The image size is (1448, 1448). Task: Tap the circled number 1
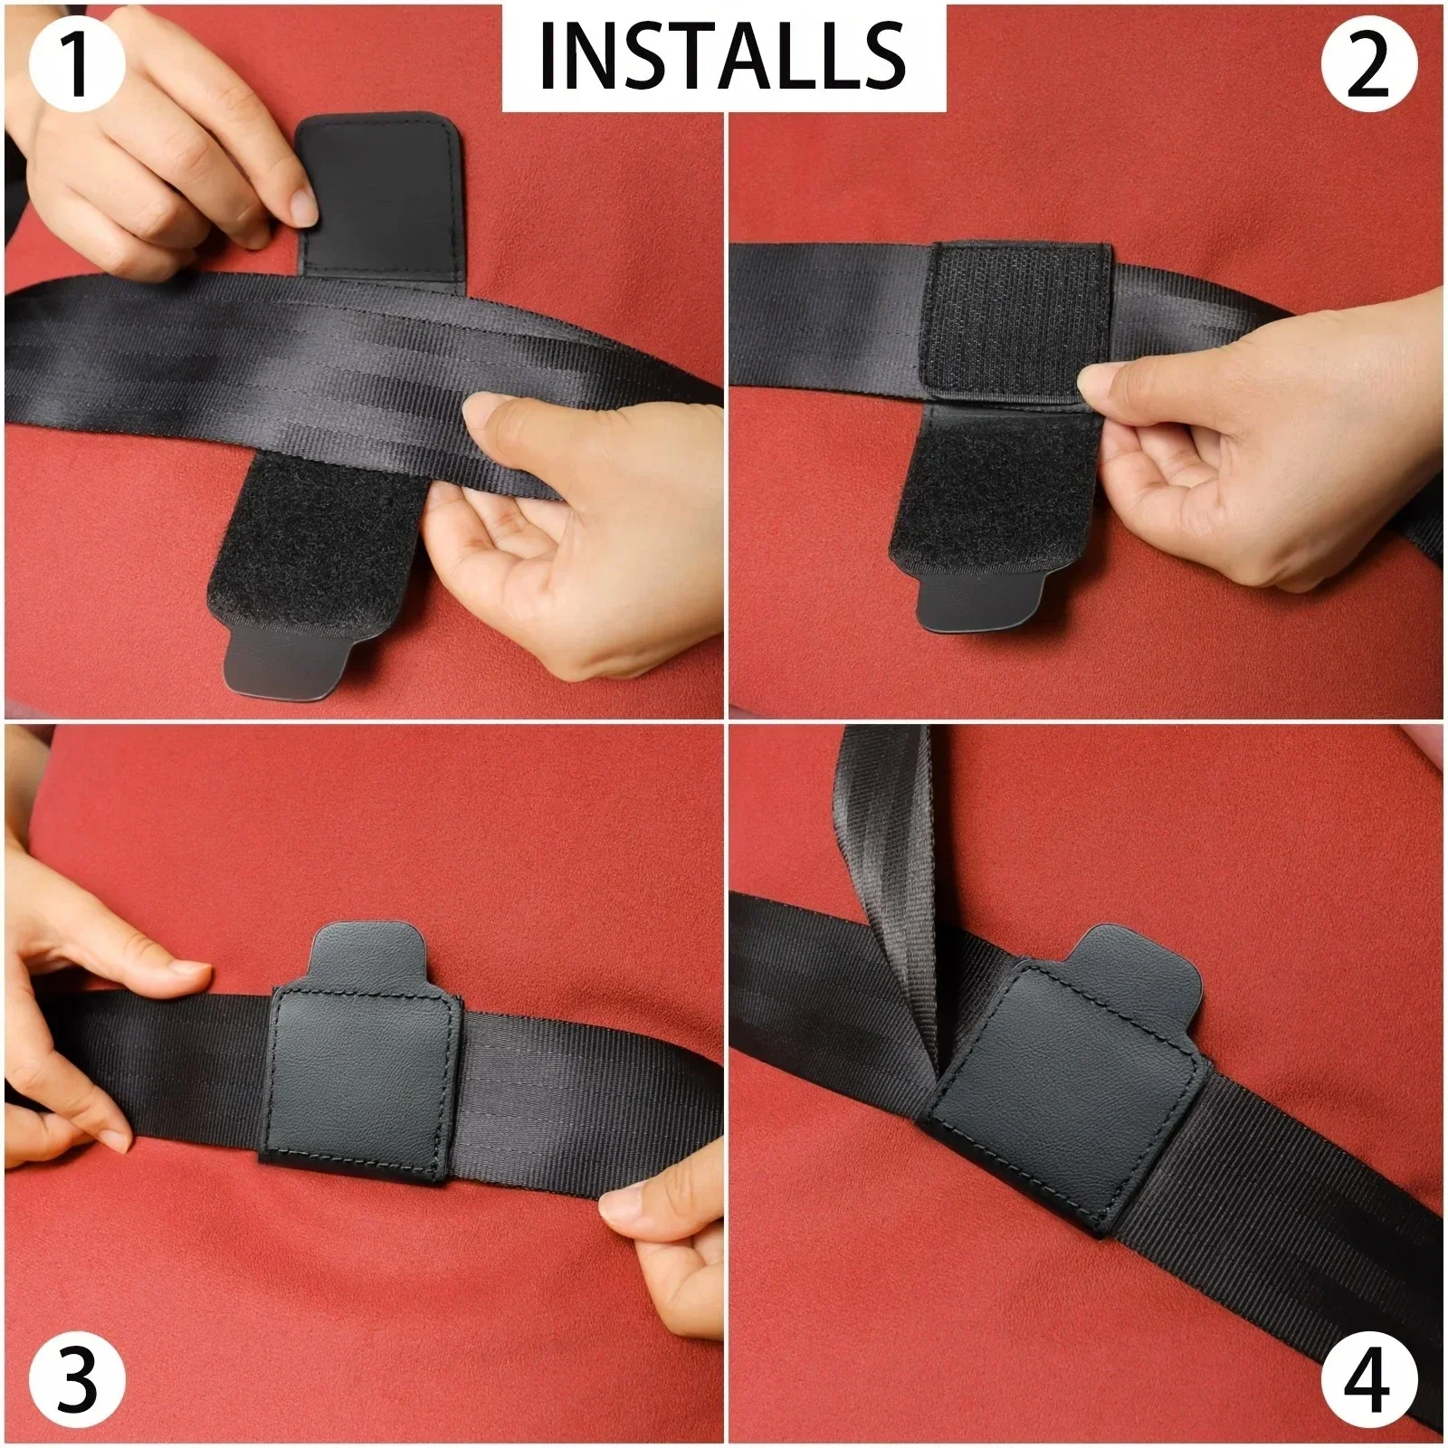click(77, 64)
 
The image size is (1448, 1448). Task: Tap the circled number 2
click(1367, 64)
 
